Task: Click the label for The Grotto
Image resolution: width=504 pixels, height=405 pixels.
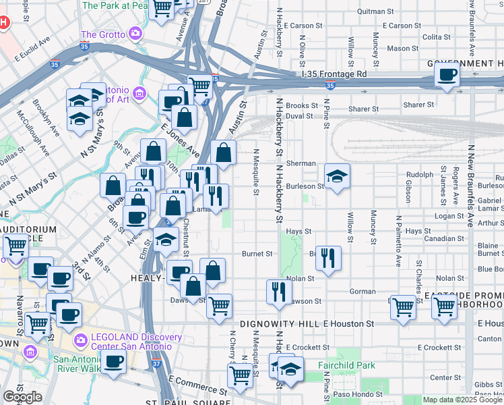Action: pyautogui.click(x=103, y=34)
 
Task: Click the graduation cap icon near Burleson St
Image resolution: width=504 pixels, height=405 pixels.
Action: pyautogui.click(x=337, y=177)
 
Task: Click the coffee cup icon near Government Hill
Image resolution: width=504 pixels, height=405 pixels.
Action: pyautogui.click(x=447, y=75)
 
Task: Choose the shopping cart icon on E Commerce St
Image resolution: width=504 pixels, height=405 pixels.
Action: pyautogui.click(x=240, y=375)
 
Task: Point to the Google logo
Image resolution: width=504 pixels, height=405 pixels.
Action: pyautogui.click(x=22, y=397)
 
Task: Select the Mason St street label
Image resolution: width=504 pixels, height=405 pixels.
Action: pyautogui.click(x=402, y=49)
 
